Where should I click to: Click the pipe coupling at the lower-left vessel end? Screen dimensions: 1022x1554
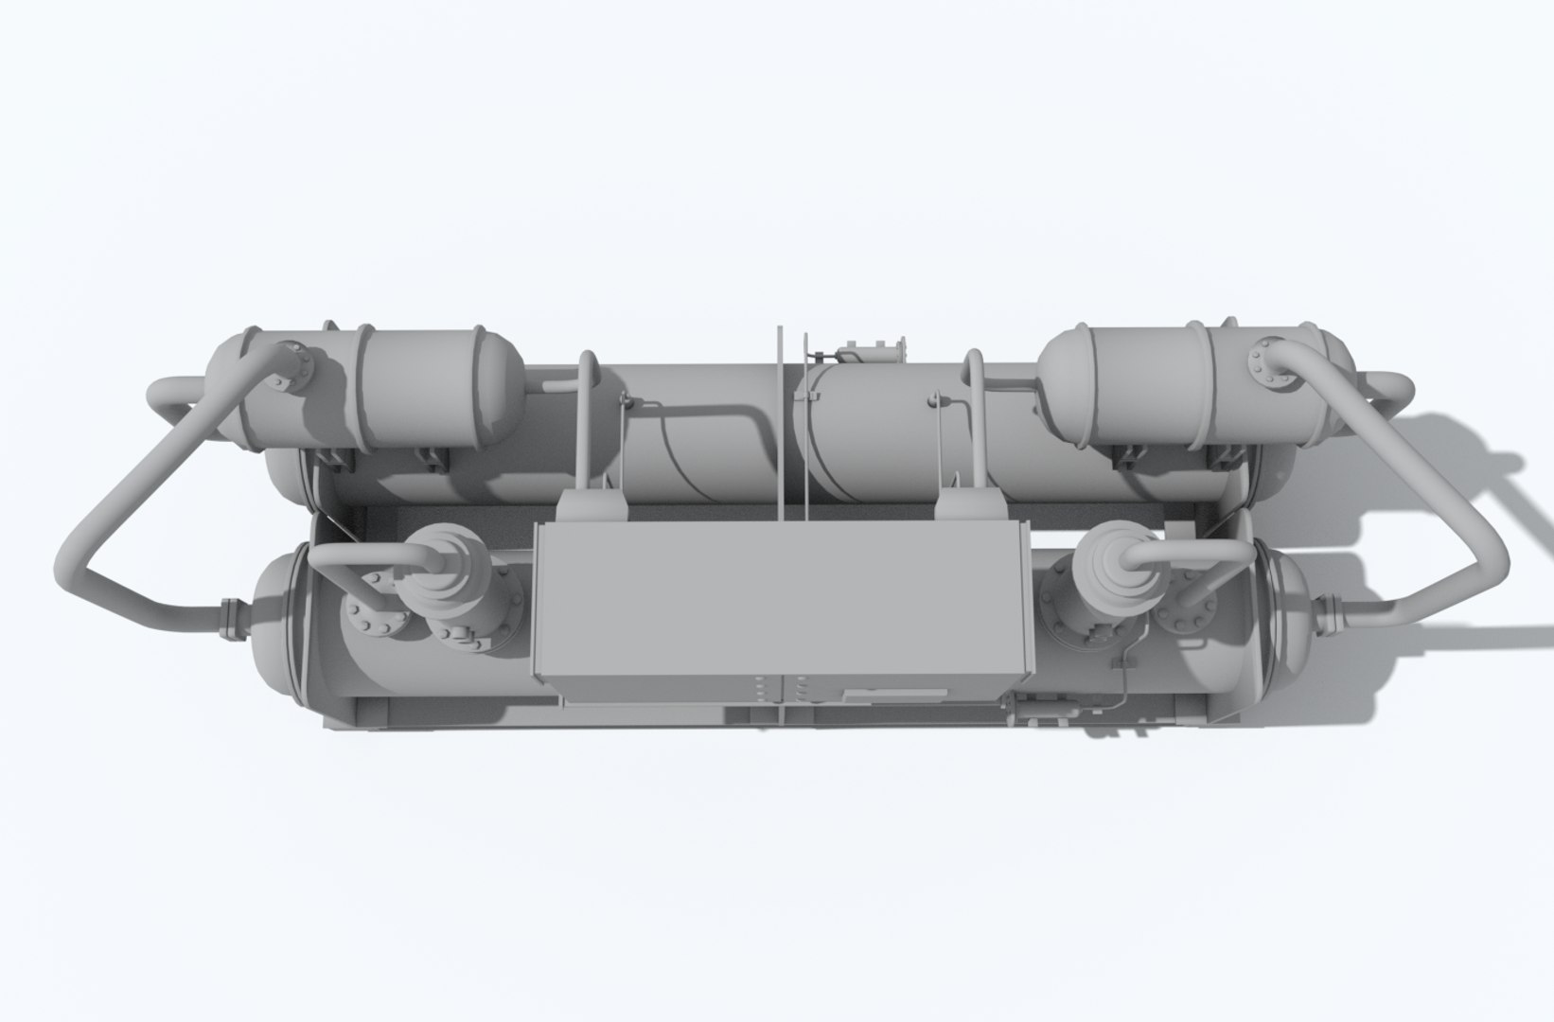[x=229, y=620]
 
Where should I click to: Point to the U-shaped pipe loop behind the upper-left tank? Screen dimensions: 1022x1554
[x=170, y=397]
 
